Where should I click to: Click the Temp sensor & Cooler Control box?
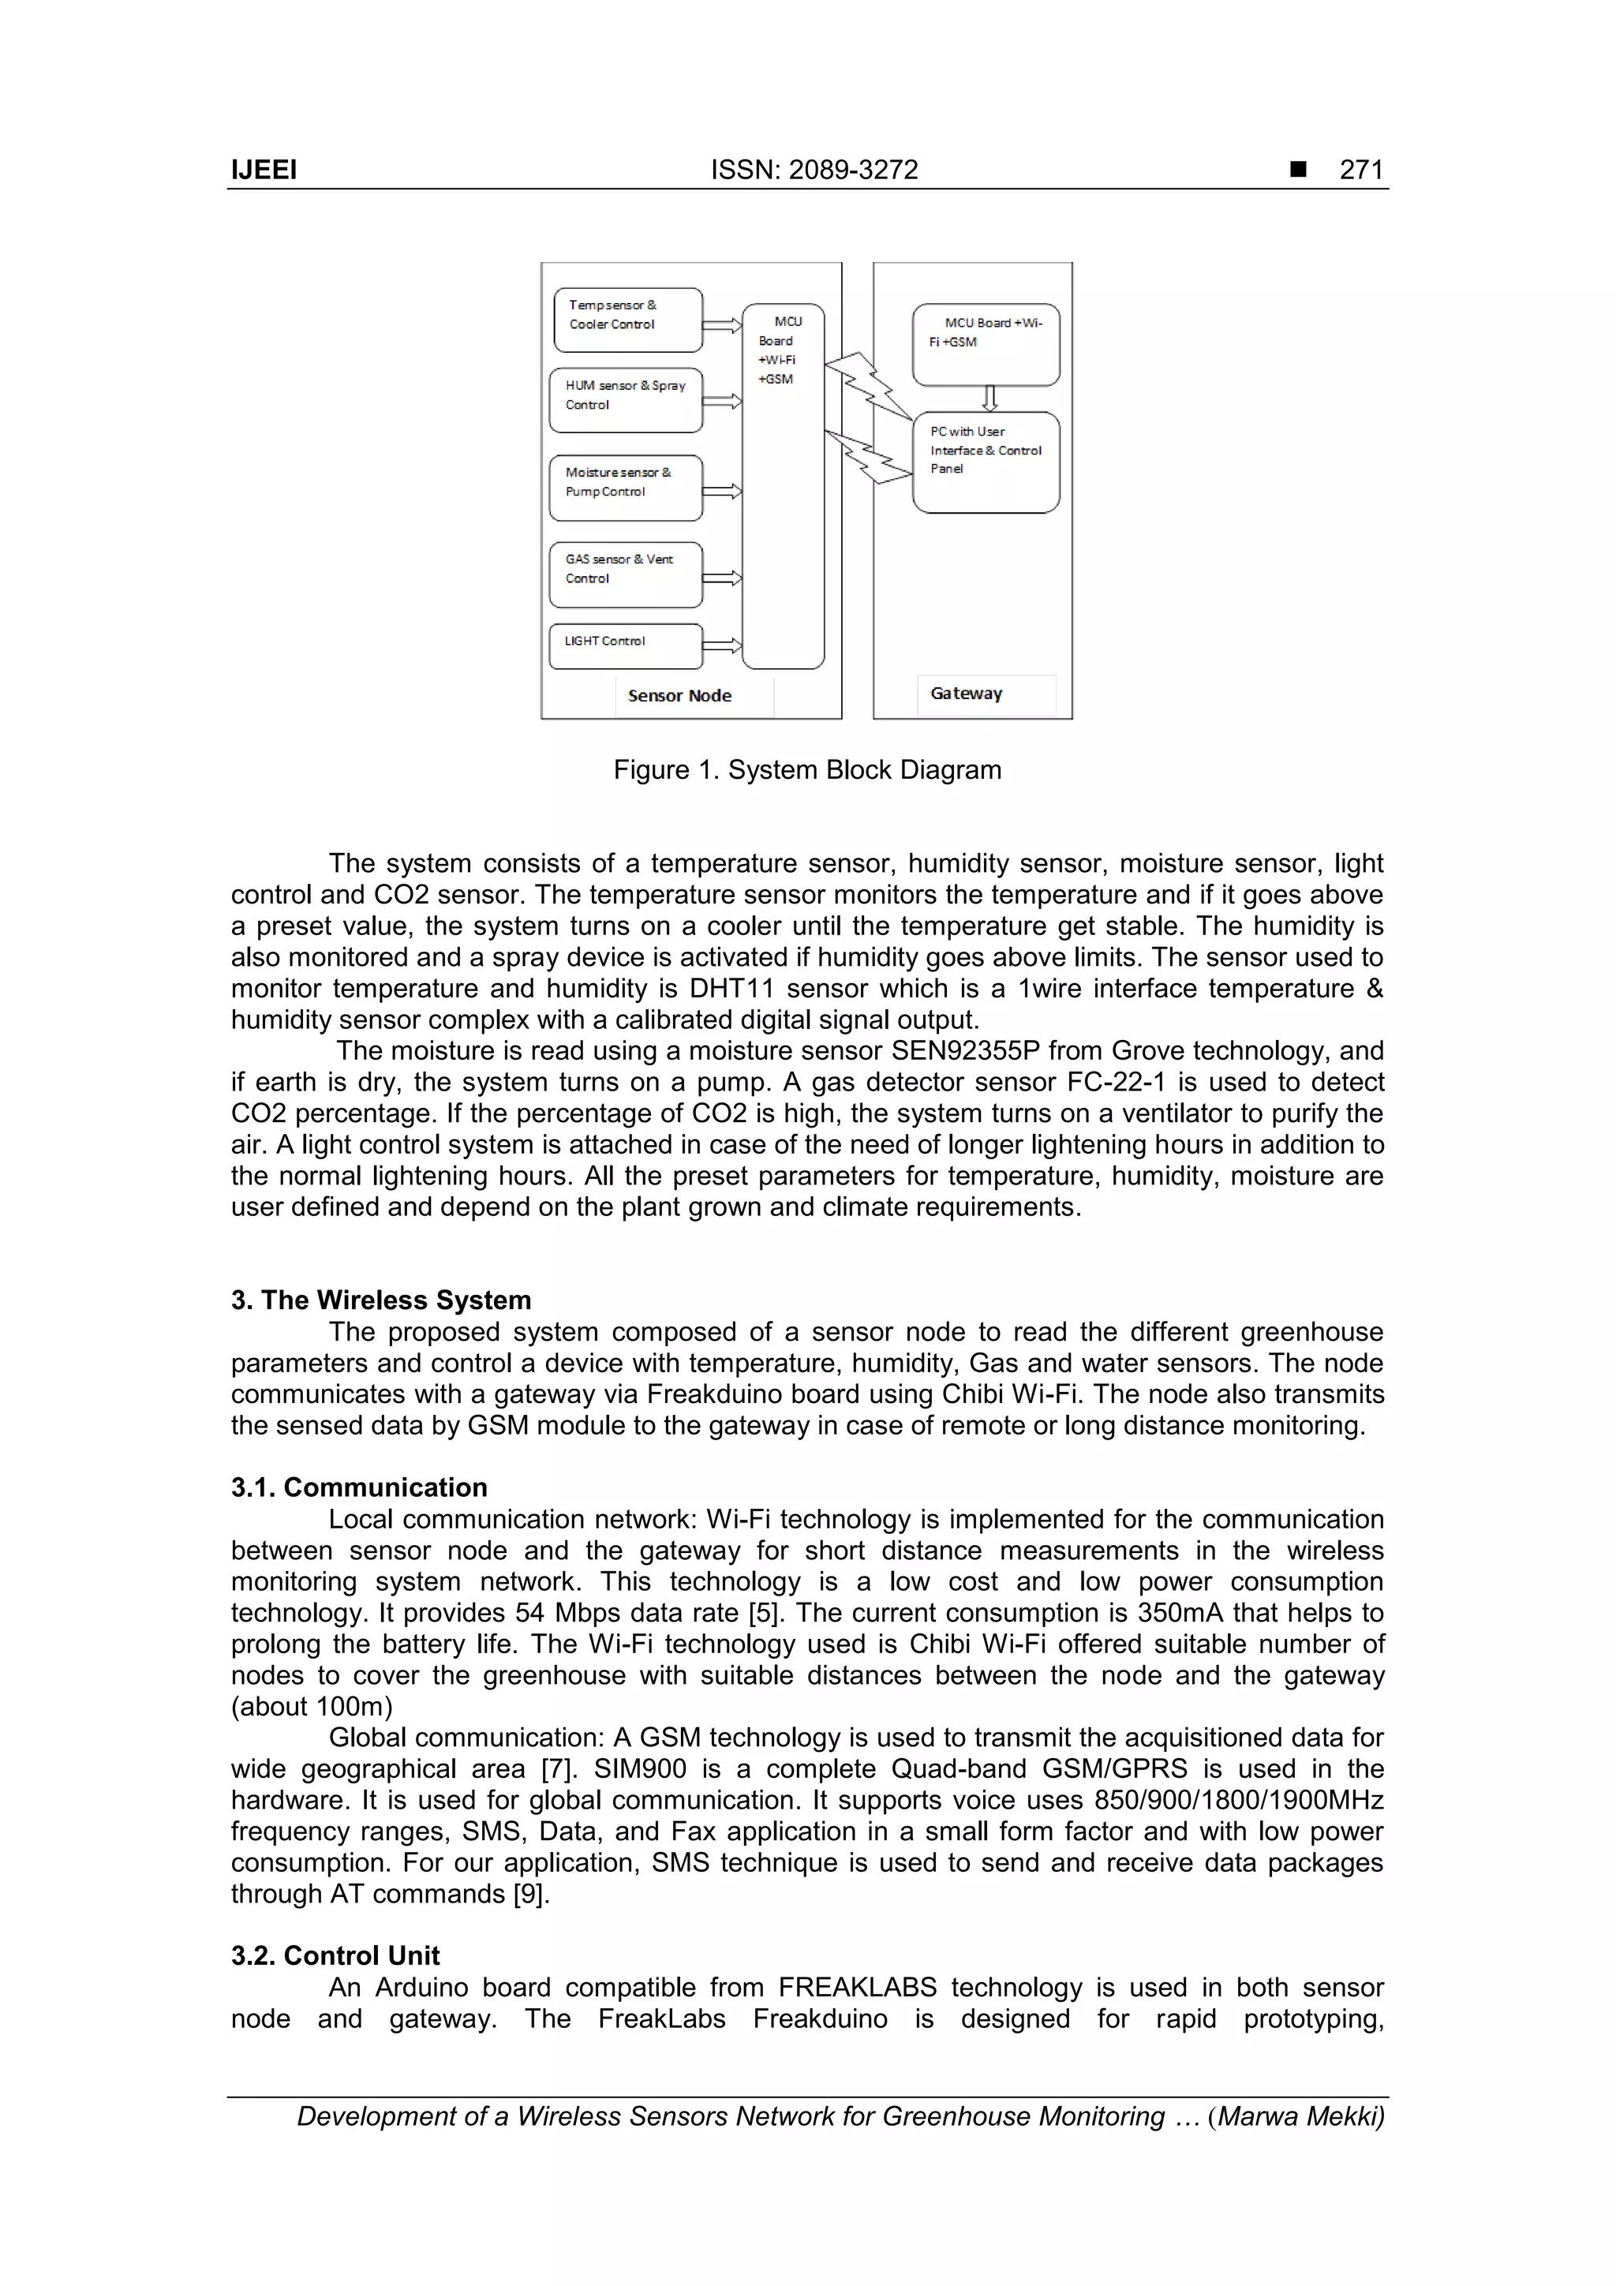[627, 320]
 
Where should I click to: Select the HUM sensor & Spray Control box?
[625, 400]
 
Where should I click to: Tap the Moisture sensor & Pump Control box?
[625, 488]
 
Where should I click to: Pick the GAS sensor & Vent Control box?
[625, 574]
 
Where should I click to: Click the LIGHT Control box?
[625, 645]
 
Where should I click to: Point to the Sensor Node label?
[679, 696]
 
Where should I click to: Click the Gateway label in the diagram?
[966, 694]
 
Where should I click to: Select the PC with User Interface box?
[986, 462]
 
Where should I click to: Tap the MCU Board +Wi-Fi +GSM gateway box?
[986, 345]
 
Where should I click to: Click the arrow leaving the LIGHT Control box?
[722, 645]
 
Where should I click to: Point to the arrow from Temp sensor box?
[722, 324]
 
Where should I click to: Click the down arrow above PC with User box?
[989, 398]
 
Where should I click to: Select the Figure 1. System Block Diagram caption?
[806, 769]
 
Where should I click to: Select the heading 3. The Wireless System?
[380, 1300]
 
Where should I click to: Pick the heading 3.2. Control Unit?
[335, 1955]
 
